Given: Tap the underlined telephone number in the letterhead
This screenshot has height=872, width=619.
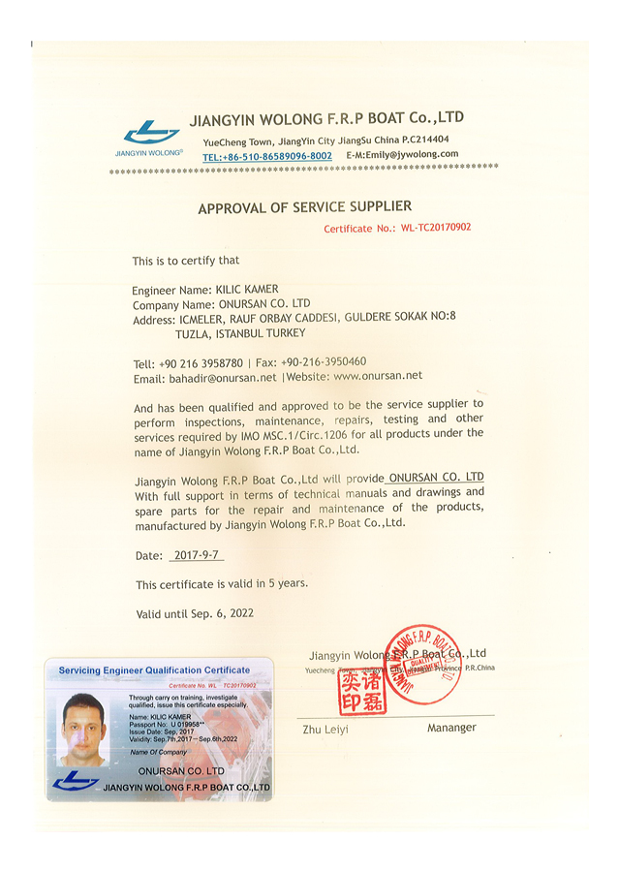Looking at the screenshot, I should pyautogui.click(x=267, y=156).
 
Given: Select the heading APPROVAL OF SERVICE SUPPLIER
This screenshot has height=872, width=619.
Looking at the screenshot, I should pyautogui.click(x=304, y=207).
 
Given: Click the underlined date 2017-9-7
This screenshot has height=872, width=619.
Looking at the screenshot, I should pyautogui.click(x=195, y=556).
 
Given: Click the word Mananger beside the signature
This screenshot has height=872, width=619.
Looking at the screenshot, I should pyautogui.click(x=450, y=728).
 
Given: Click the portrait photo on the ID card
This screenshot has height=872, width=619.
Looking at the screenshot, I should pyautogui.click(x=82, y=728).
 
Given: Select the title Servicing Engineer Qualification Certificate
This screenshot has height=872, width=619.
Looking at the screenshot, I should pyautogui.click(x=154, y=670).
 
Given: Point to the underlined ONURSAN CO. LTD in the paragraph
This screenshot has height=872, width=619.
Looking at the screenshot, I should pyautogui.click(x=435, y=478).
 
